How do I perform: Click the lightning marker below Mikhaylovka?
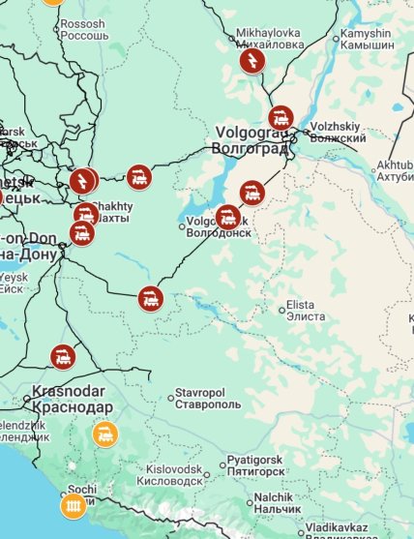251,64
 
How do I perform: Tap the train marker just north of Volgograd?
281,118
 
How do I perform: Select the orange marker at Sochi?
74,505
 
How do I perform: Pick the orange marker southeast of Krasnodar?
105,434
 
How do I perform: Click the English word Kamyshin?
365,34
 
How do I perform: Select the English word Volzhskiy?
339,126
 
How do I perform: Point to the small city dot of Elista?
282,310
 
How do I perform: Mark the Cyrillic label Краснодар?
72,407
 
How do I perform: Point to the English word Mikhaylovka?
269,33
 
